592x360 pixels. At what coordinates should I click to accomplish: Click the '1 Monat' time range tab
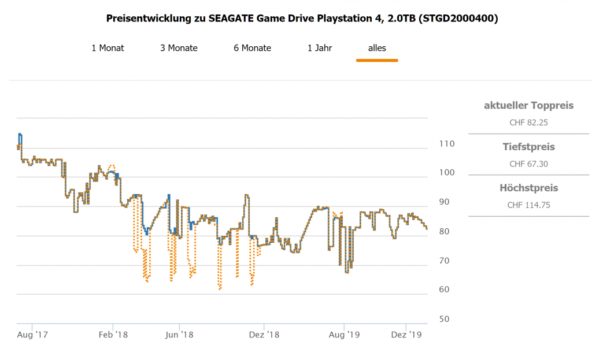coord(108,48)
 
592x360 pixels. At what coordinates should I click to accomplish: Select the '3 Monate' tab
coord(179,48)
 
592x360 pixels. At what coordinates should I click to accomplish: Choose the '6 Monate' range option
coord(252,48)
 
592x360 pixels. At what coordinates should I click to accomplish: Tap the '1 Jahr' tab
coord(320,48)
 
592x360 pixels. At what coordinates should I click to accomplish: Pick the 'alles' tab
coord(377,48)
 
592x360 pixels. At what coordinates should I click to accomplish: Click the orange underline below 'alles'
coord(377,60)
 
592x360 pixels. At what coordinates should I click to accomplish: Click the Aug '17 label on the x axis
coord(32,334)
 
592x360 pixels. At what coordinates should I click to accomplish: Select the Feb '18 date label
coord(113,334)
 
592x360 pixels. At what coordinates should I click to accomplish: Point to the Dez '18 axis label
coord(264,334)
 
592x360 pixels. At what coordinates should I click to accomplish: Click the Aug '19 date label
coord(345,334)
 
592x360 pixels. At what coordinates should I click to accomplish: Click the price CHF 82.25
coord(528,123)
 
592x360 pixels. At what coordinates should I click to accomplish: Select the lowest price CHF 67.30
coord(528,164)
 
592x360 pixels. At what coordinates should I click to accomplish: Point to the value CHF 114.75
coord(528,205)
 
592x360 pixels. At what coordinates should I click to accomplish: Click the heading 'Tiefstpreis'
coord(528,147)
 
